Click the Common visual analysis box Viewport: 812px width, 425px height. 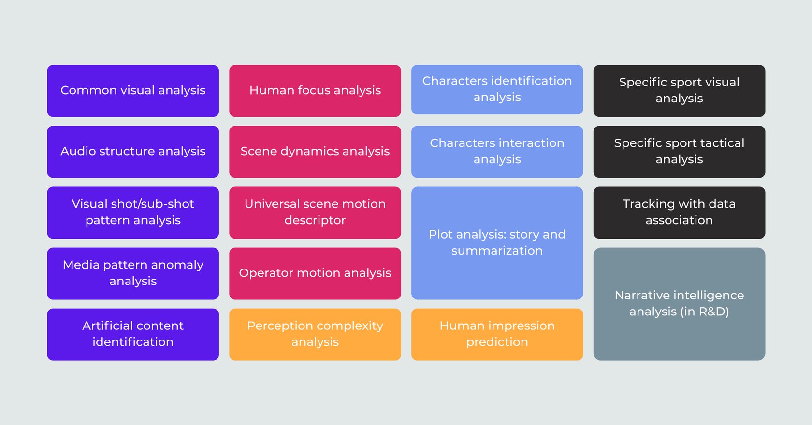133,91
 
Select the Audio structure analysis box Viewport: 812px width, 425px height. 133,152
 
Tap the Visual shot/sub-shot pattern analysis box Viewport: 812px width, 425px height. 133,212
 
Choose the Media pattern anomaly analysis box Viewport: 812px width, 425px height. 133,273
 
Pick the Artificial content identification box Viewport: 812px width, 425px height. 133,334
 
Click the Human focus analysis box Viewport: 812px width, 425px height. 315,91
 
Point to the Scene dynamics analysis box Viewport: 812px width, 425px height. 315,152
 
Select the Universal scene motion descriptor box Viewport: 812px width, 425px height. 315,212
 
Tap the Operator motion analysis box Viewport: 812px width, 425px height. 315,273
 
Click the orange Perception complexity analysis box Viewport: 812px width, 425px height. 315,334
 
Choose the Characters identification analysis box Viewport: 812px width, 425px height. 497,89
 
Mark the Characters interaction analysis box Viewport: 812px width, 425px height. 497,152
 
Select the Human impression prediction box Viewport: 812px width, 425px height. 497,334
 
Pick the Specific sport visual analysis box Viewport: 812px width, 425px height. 680,91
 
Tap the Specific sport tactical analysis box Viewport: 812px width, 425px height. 680,152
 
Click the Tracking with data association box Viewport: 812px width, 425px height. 680,212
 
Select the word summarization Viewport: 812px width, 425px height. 497,251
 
